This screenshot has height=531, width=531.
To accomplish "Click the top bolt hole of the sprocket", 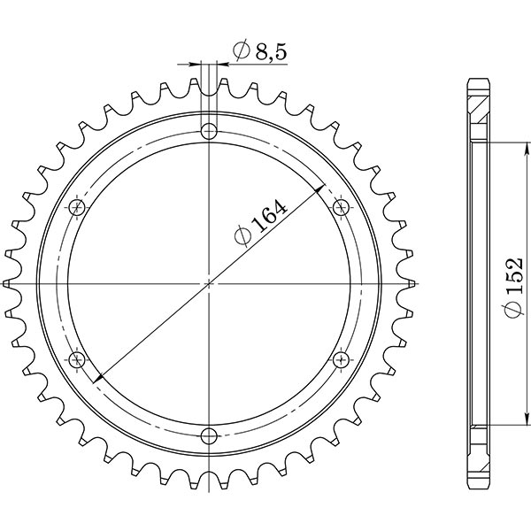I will tap(209, 132).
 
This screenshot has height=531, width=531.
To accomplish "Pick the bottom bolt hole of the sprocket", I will tap(209, 435).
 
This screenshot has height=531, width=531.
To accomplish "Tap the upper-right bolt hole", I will tap(341, 207).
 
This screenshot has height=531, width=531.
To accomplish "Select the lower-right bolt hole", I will tap(341, 359).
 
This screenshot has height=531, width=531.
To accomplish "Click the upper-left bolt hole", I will tap(77, 207).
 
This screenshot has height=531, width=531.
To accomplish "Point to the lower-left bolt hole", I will tap(77, 359).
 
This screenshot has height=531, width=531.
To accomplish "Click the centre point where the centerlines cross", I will tap(209, 283).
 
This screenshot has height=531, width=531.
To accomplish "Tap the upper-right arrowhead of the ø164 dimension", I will tap(320, 189).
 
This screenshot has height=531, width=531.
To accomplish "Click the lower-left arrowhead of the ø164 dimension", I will tap(97, 378).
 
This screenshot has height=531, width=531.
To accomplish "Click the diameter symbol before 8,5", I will tap(240, 52).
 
